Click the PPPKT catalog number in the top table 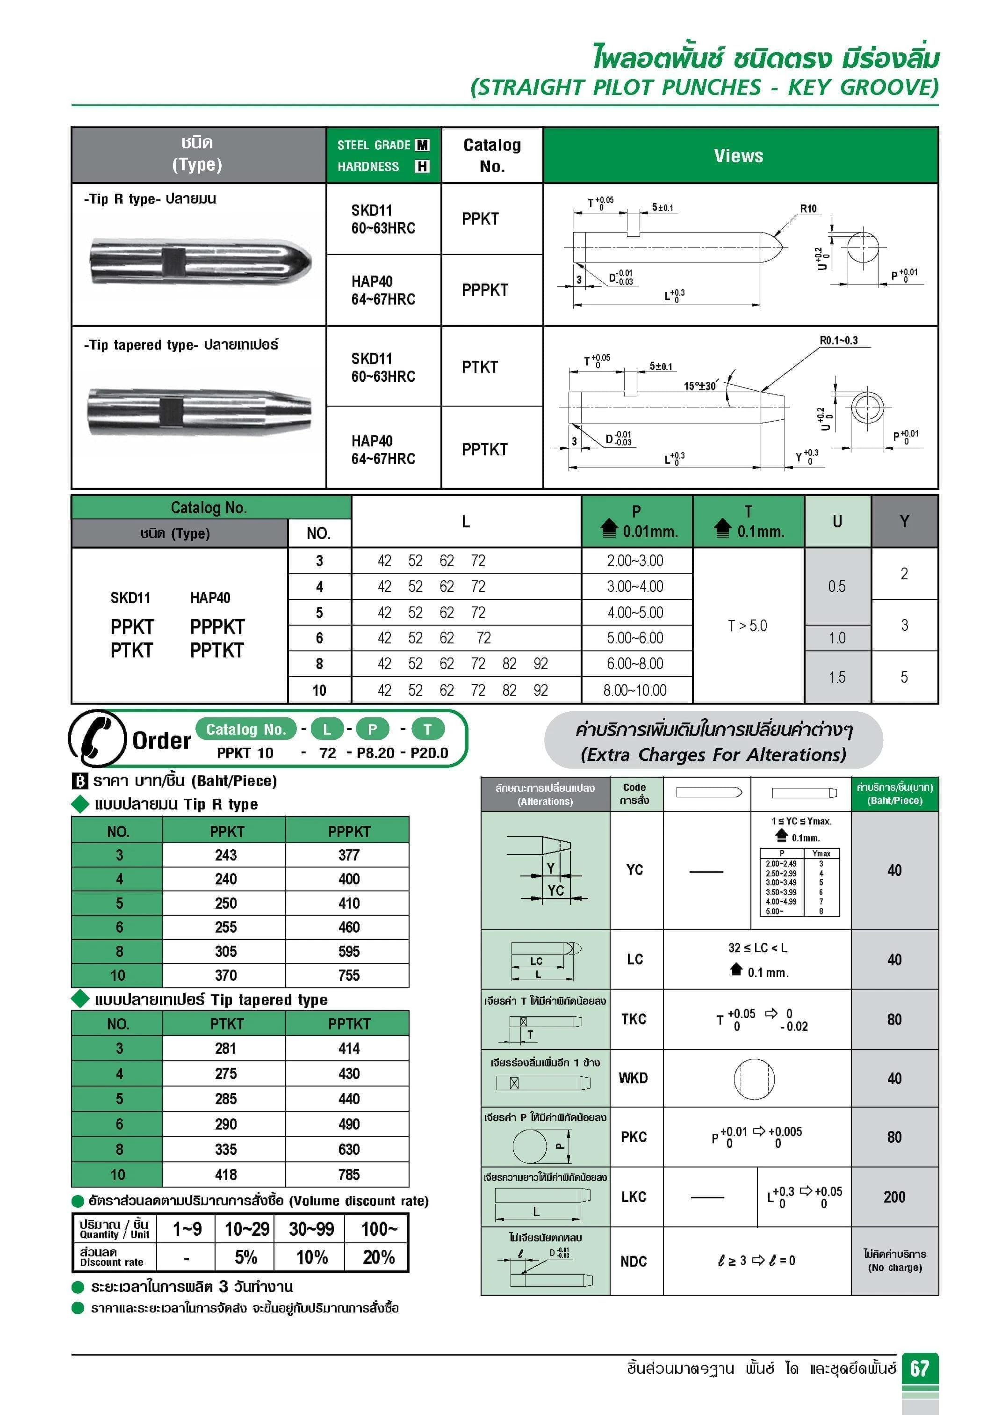485,290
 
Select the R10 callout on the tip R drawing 808,209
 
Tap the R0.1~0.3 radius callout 838,340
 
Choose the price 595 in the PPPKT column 349,951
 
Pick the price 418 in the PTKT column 225,1174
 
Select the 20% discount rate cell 378,1257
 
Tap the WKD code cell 633,1078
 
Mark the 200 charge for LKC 894,1197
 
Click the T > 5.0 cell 748,626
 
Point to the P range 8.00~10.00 635,690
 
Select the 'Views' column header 738,155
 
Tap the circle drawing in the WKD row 754,1079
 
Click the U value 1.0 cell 837,638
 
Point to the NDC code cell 633,1261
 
